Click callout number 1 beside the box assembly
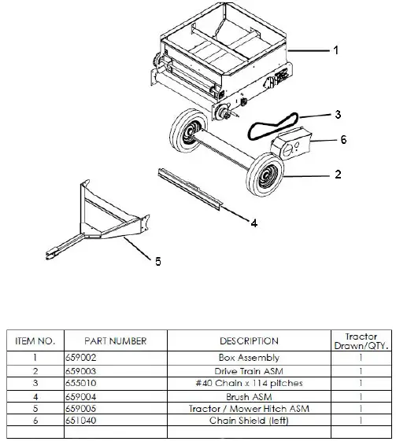pos(335,50)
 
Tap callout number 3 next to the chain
pos(337,114)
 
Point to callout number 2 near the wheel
pos(337,174)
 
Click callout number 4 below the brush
pos(253,223)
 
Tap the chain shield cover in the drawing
pos(291,147)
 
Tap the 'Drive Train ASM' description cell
pos(249,370)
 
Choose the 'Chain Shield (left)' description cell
pos(249,421)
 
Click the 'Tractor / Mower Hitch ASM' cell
pos(249,408)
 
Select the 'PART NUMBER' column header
pos(117,341)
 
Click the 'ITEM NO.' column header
pos(34,341)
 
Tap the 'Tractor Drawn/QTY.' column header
pos(361,341)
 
